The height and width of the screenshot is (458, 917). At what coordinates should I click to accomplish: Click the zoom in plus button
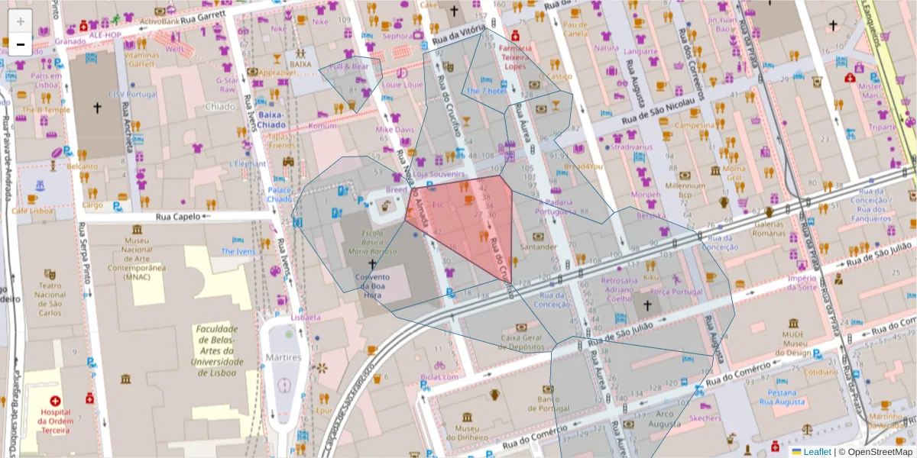(x=20, y=21)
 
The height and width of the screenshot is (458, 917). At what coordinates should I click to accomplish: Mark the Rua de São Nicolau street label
(x=659, y=111)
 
